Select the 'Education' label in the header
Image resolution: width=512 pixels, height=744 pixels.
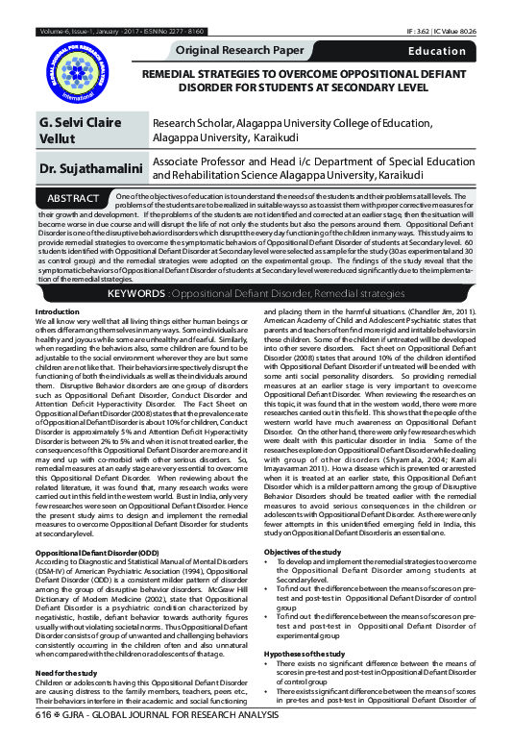437,49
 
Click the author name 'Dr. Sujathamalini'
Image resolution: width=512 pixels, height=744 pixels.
85,170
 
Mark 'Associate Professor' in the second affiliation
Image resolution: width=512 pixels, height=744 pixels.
202,162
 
